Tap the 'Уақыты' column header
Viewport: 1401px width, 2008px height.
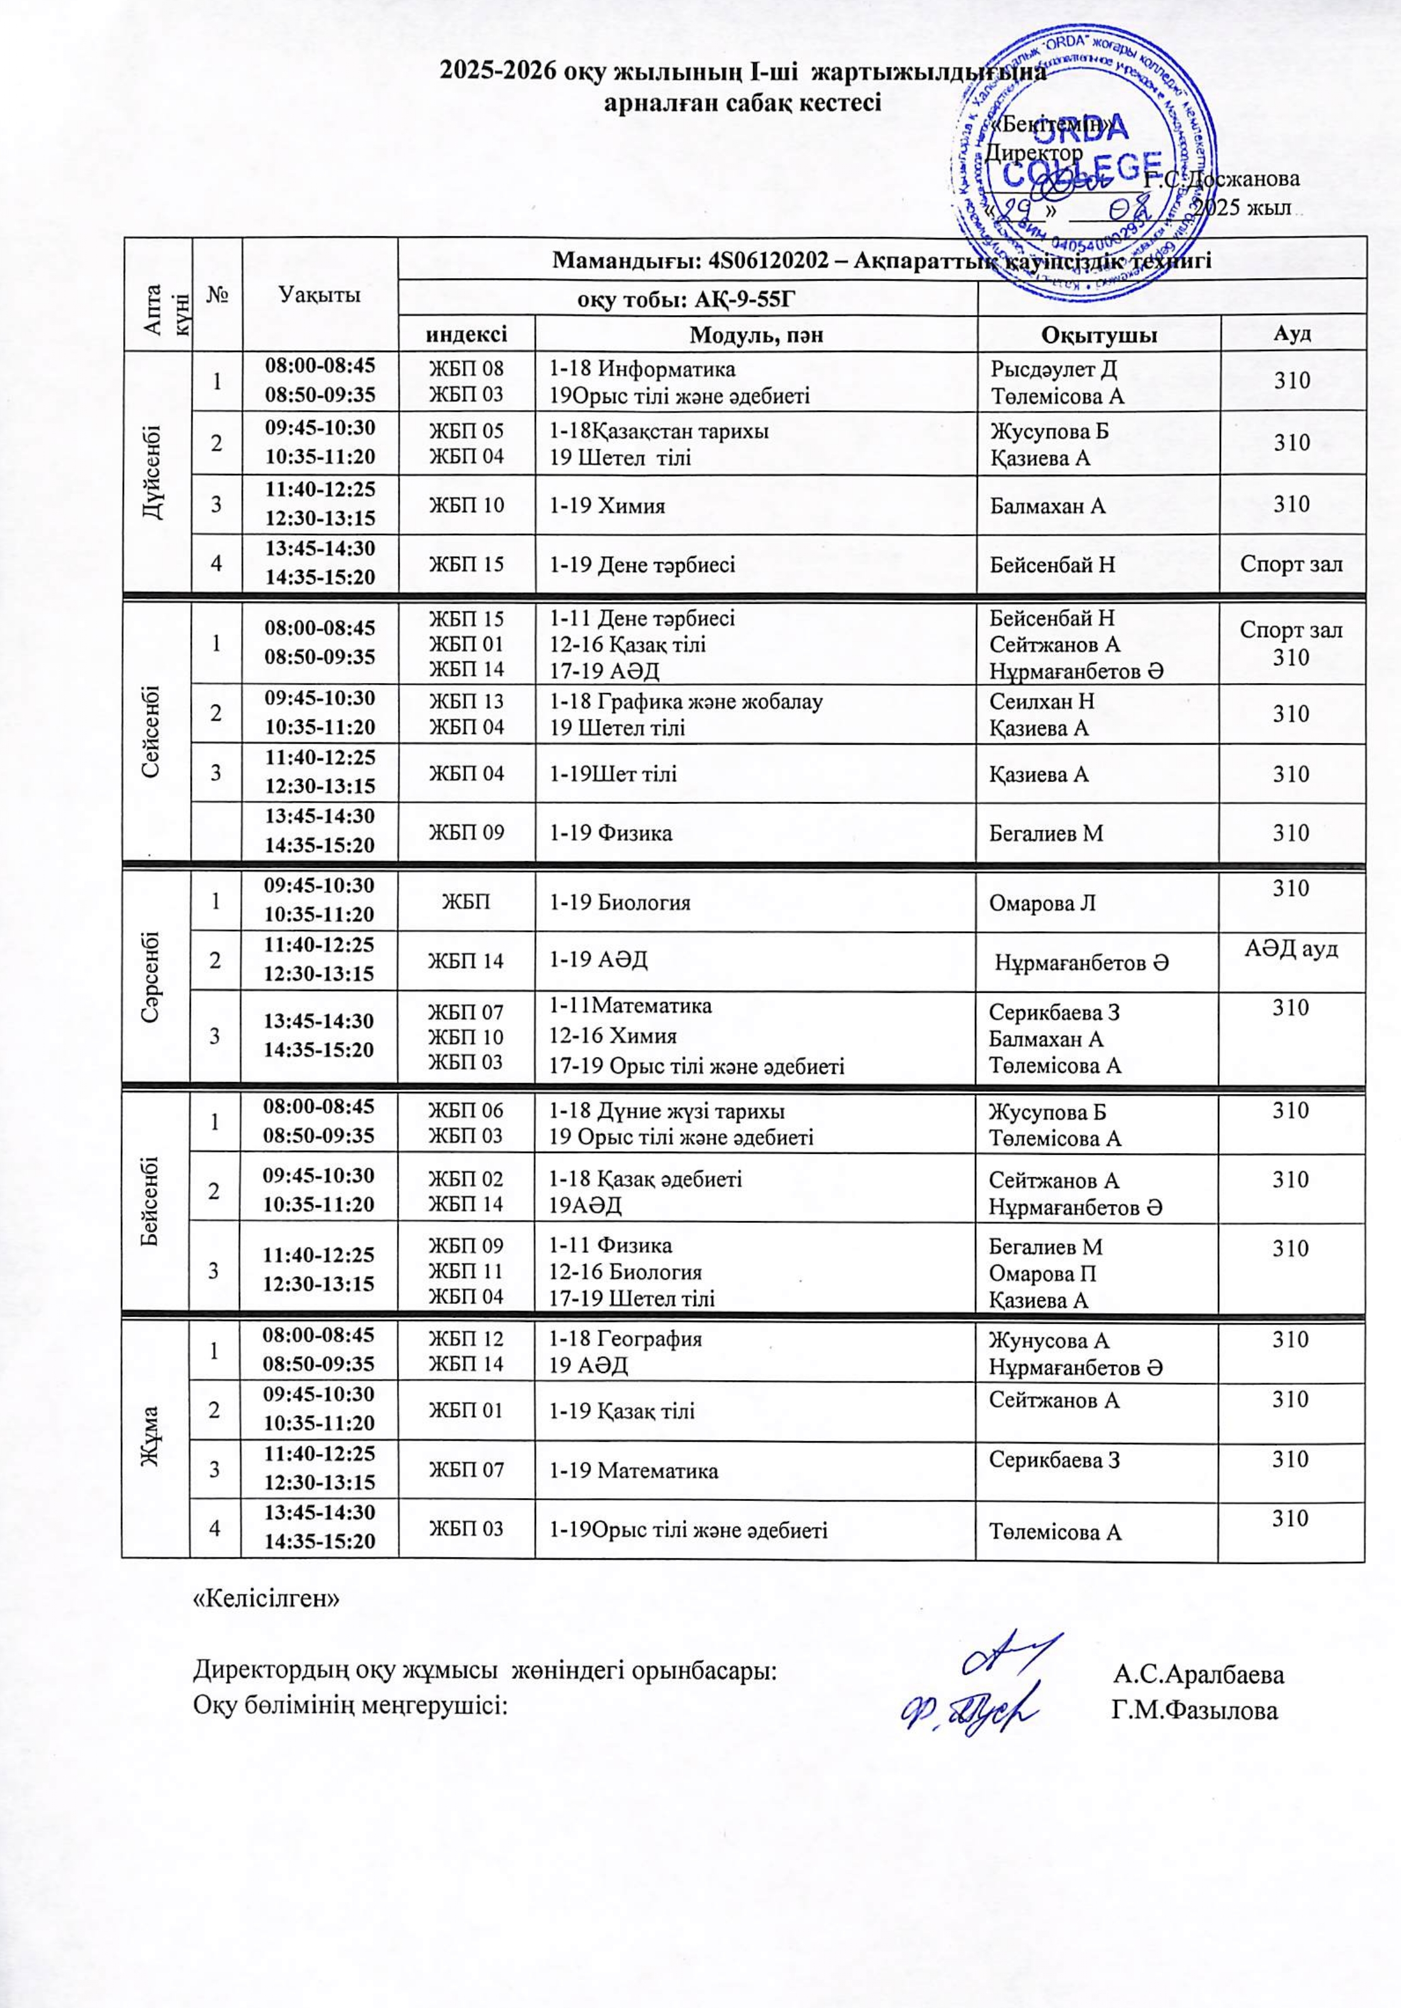tap(319, 295)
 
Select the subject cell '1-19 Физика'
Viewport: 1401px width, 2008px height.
tap(610, 833)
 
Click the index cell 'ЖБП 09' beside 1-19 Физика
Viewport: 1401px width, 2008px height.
tap(465, 833)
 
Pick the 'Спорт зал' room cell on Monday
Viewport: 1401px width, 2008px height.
tap(1291, 564)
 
